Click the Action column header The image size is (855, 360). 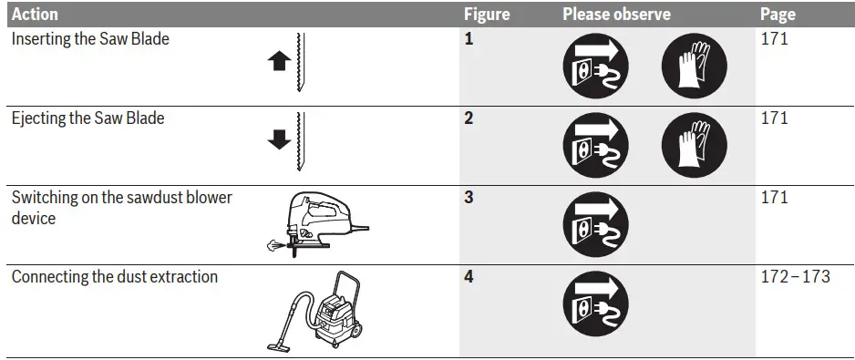pos(35,15)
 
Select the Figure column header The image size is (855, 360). pos(487,15)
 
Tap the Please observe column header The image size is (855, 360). pos(616,15)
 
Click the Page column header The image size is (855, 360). pos(778,15)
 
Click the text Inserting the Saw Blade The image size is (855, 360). pos(90,40)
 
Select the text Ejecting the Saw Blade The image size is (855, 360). pos(88,118)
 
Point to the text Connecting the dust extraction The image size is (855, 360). pos(115,276)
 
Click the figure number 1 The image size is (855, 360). pos(469,40)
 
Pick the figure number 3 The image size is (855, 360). pos(469,198)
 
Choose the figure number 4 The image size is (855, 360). pos(469,276)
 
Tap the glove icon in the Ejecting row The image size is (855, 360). pos(695,144)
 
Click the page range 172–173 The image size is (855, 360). pos(795,276)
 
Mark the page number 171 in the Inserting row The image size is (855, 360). pos(774,40)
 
